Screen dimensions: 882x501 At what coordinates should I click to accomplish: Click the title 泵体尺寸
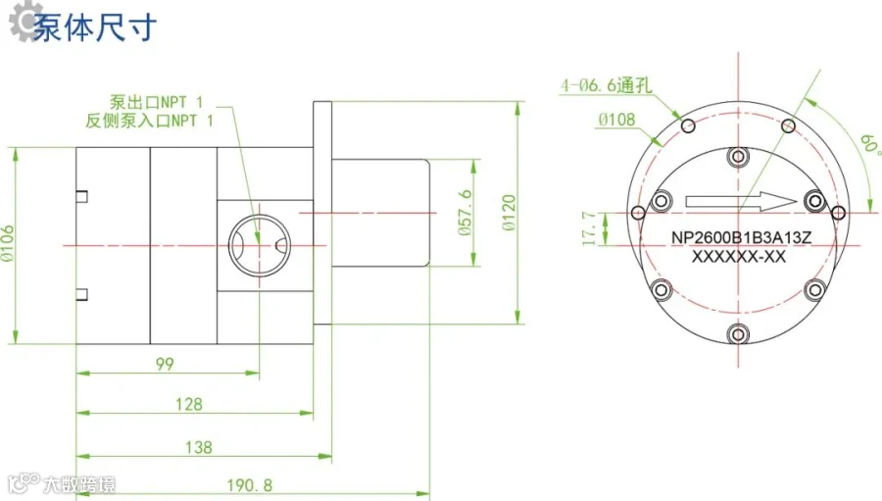click(94, 27)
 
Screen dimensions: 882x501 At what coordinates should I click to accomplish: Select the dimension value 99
click(165, 364)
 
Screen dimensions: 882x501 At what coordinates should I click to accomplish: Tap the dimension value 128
click(188, 404)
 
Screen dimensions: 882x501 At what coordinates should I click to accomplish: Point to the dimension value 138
click(199, 447)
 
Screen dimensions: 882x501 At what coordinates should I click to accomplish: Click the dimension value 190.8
click(249, 485)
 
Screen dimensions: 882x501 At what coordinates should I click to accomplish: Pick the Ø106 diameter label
click(7, 243)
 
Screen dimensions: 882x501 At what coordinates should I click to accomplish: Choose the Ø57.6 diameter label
click(465, 212)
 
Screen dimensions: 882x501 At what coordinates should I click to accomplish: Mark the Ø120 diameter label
click(509, 213)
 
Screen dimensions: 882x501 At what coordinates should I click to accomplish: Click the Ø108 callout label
click(616, 120)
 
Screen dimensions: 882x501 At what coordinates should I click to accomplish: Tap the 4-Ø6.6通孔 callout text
click(607, 85)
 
